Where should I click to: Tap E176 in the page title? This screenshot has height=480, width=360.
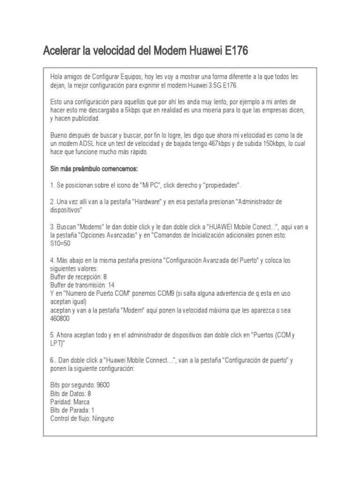(234, 50)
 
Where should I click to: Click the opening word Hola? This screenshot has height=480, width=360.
(57, 76)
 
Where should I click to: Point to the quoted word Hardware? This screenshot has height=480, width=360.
(149, 202)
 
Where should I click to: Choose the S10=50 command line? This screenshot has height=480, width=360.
(61, 244)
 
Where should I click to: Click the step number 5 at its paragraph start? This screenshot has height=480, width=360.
(52, 336)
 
